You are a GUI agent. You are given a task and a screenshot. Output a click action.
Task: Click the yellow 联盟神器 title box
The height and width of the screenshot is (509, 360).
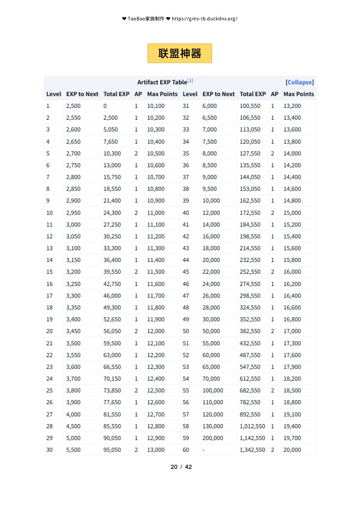click(180, 54)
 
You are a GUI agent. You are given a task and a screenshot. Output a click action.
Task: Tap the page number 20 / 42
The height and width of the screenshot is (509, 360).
click(181, 467)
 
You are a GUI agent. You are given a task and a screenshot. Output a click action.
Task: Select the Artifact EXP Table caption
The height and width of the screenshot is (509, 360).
click(162, 82)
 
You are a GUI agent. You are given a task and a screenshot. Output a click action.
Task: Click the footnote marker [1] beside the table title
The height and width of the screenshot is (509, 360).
click(190, 81)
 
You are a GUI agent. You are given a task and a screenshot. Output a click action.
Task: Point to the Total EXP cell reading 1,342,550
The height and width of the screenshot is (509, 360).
click(252, 450)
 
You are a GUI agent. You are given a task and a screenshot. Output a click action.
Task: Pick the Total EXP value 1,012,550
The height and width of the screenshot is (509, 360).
click(252, 426)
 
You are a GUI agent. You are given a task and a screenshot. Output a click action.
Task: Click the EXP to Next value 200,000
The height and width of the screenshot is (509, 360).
click(213, 438)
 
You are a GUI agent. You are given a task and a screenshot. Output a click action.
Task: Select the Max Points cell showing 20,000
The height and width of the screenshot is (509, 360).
click(292, 450)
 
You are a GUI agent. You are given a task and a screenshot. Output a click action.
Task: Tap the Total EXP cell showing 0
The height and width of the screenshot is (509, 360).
click(105, 106)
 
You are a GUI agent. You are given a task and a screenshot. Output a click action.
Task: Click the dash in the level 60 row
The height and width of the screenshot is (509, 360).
click(203, 450)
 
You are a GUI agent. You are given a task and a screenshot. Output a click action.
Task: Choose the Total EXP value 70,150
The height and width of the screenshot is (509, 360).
click(112, 378)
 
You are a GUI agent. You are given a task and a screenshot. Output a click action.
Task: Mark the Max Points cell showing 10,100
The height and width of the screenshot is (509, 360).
click(155, 106)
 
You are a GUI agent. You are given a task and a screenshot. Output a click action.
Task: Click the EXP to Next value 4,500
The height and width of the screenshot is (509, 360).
click(73, 426)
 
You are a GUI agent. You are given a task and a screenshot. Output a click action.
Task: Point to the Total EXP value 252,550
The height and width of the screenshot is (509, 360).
click(250, 272)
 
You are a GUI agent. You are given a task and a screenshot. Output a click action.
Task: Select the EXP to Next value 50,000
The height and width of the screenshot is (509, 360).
click(211, 331)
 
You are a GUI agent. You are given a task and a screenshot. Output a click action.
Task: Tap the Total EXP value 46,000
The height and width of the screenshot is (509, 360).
click(112, 295)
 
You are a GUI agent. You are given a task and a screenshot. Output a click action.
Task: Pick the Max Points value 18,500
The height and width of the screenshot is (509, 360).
click(292, 390)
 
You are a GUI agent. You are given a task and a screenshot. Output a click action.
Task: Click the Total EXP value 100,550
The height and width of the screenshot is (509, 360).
click(250, 106)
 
